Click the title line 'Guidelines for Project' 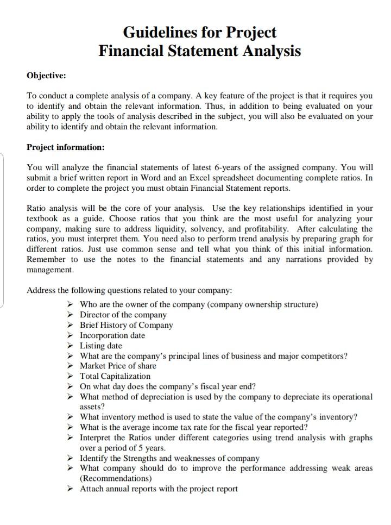(199, 32)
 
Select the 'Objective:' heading (46, 75)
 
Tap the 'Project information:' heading (65, 147)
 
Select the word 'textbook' (43, 218)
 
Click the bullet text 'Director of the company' (123, 315)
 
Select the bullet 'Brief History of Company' (126, 325)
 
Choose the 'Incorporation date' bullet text (112, 335)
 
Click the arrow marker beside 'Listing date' (70, 346)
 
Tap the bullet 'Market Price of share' (118, 366)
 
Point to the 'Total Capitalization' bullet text (115, 376)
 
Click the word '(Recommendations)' (116, 478)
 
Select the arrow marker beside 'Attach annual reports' (70, 489)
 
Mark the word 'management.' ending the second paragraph (53, 270)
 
